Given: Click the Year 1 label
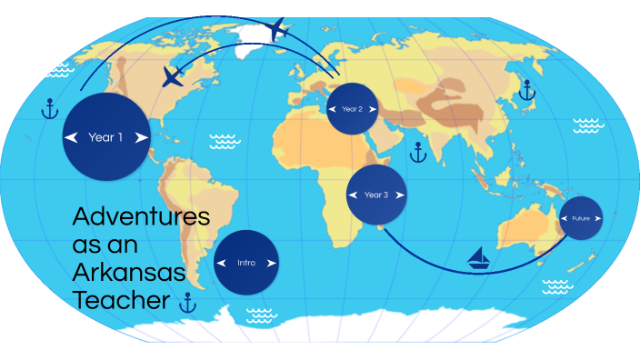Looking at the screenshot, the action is click(x=105, y=138).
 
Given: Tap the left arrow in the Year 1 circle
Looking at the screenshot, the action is click(x=70, y=138).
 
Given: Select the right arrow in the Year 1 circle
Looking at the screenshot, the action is click(x=141, y=138).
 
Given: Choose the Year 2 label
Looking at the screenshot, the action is click(x=352, y=109).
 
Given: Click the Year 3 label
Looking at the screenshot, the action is click(x=375, y=195).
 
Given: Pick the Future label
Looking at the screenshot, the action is click(x=580, y=218).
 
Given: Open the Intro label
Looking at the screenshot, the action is click(x=246, y=263).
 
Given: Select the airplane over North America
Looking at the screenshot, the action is click(x=172, y=76).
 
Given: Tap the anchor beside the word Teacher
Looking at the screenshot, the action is click(x=188, y=303).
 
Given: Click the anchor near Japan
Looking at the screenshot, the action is click(x=525, y=89).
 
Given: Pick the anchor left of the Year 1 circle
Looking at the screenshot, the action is click(x=49, y=109).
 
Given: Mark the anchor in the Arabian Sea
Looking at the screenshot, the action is click(x=417, y=152).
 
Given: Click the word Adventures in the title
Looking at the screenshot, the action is click(x=140, y=218).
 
